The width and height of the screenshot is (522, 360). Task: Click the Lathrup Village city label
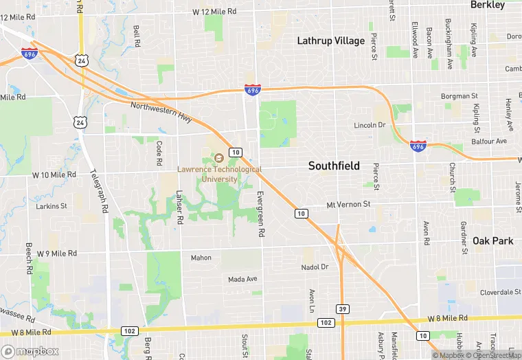331,41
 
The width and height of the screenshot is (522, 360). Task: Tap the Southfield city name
334,166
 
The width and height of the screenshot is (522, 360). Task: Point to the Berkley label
488,5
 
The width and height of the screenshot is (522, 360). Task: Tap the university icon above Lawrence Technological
219,159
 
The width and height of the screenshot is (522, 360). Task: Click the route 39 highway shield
341,309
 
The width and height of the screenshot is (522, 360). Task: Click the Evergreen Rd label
260,213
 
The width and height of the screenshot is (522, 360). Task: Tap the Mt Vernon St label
348,204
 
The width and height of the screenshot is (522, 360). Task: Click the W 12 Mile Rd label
214,12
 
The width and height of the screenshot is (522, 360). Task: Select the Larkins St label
52,205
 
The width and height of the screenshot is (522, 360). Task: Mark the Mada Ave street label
242,279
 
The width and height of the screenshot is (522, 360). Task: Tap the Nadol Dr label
315,267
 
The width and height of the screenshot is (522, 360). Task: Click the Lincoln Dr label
370,126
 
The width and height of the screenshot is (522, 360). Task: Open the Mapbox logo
30,351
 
